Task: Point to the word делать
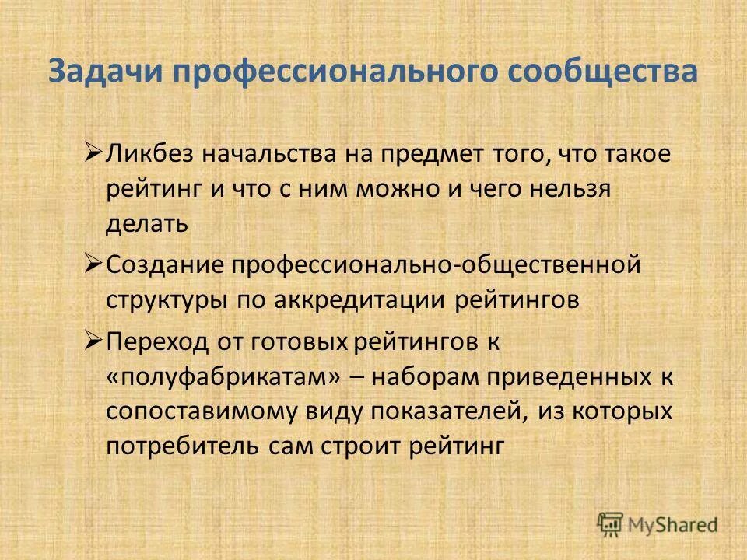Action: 147,225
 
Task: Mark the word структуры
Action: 163,301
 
